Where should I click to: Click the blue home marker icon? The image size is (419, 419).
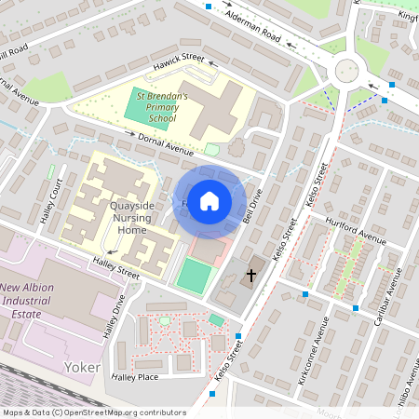[x=209, y=200]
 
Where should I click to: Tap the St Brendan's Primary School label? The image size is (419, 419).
[x=162, y=107]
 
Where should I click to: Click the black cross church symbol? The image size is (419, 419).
[x=250, y=276]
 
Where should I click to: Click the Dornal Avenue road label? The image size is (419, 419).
[x=165, y=144]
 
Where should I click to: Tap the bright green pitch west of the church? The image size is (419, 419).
[x=194, y=277]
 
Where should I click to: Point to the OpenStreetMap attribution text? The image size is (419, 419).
[x=93, y=412]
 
